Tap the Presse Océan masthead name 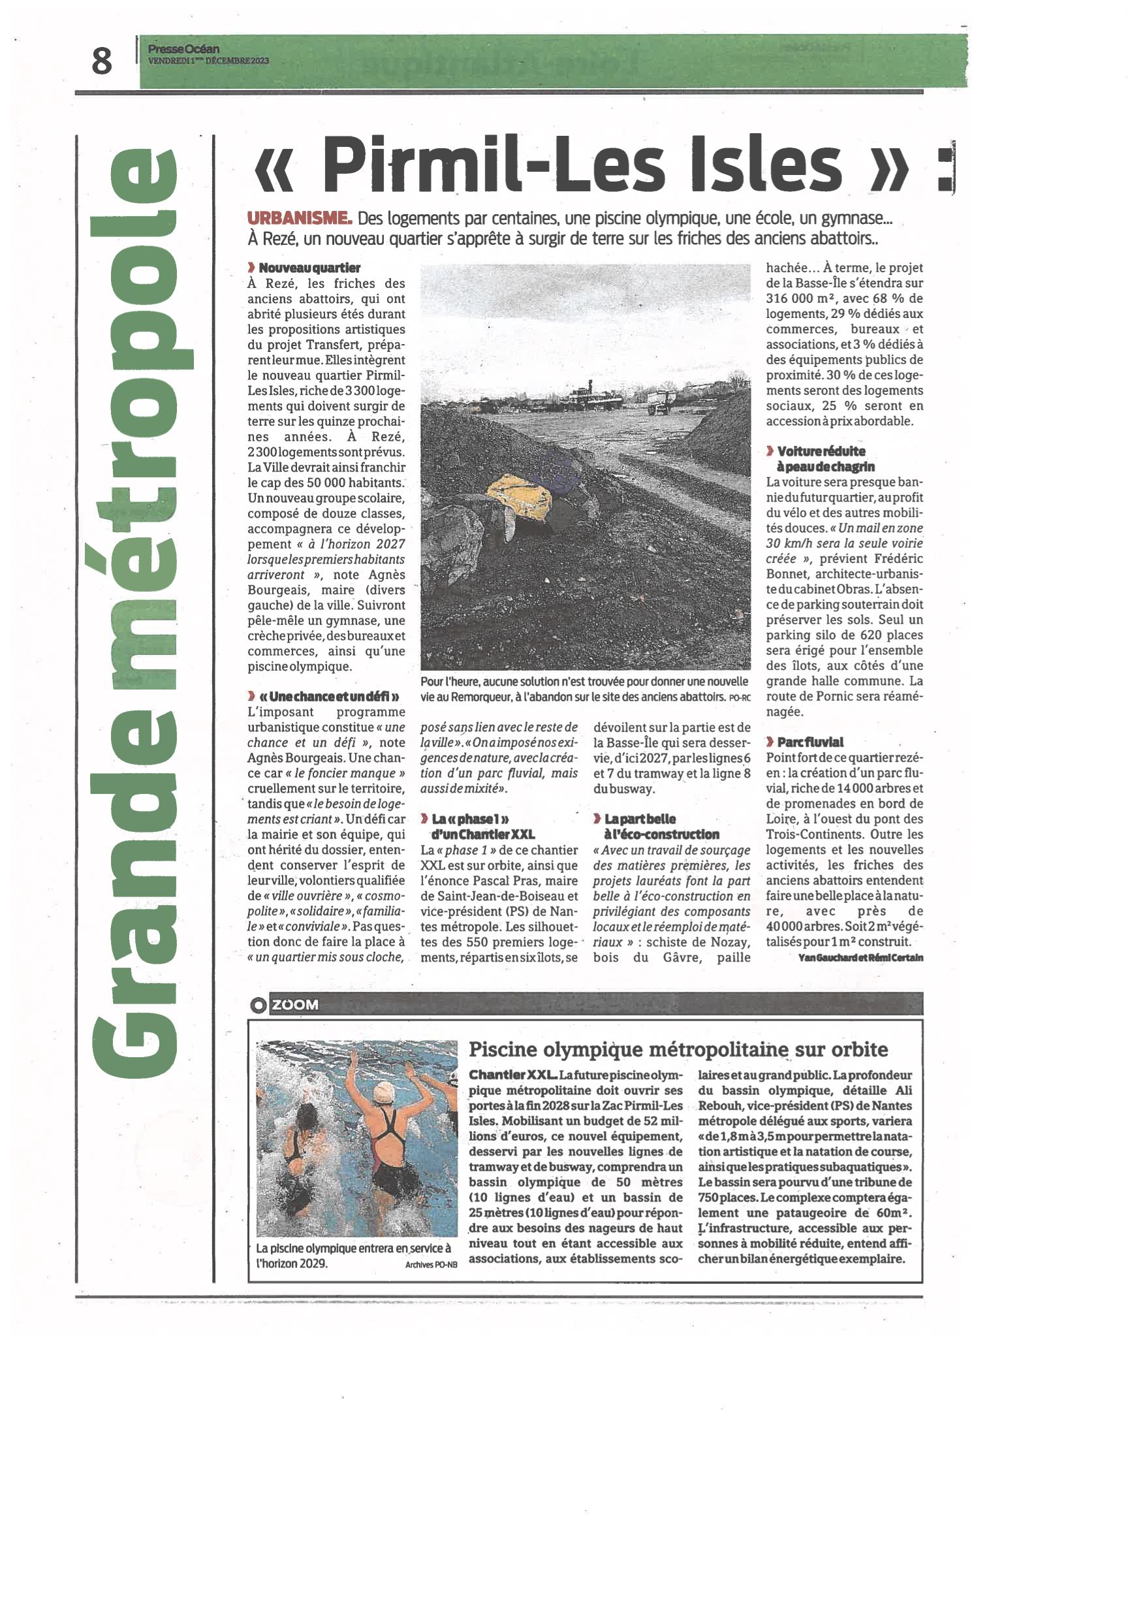point(183,49)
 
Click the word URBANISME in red point(299,219)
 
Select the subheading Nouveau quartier point(309,268)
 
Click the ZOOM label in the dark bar point(295,1005)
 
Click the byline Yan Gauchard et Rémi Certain point(860,957)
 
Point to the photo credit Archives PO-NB point(430,1264)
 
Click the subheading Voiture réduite point(821,452)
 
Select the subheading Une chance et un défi point(329,697)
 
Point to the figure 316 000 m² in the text point(802,298)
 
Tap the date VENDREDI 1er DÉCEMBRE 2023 point(209,61)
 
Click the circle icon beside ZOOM point(259,1006)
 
